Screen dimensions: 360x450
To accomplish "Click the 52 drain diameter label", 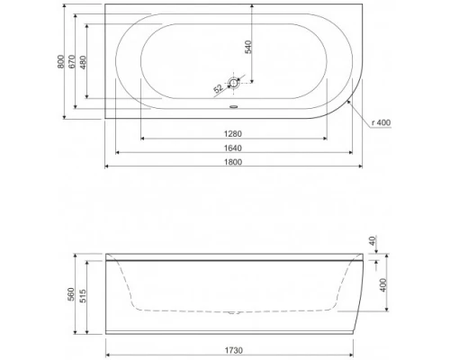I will (x=218, y=88).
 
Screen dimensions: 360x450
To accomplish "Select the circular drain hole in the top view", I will (x=234, y=84).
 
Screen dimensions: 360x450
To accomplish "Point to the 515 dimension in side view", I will (x=85, y=298).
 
